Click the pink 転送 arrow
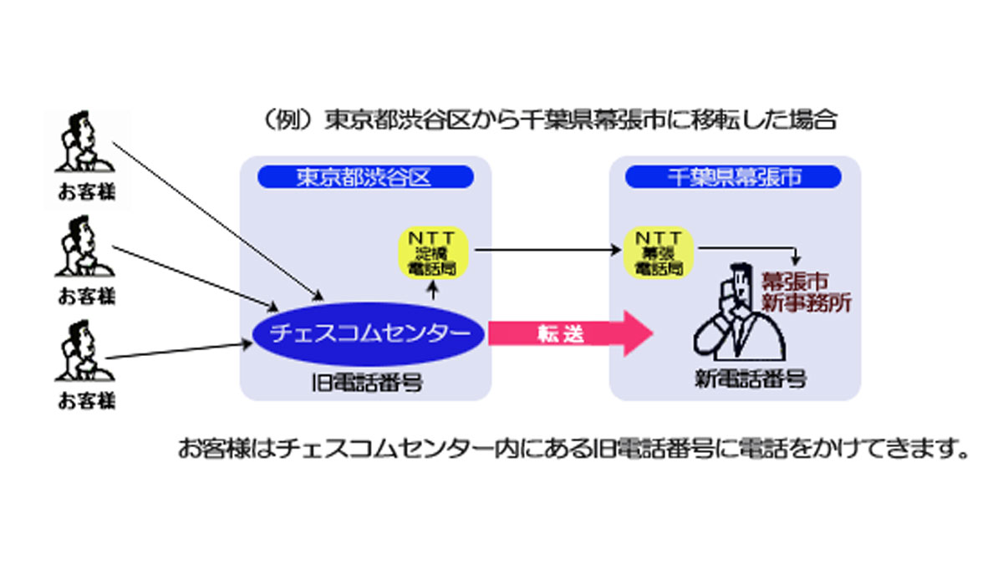point(568,333)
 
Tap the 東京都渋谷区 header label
point(365,177)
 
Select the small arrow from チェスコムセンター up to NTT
point(433,289)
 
